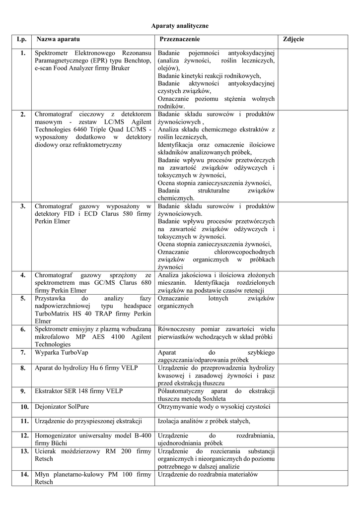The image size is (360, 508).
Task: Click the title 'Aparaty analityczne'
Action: pyautogui.click(x=180, y=25)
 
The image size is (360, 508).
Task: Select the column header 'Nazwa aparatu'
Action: pyautogui.click(x=58, y=39)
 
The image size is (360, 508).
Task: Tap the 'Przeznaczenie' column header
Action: pyautogui.click(x=180, y=39)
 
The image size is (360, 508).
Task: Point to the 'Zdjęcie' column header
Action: pyautogui.click(x=293, y=39)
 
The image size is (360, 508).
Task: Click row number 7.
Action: pyautogui.click(x=23, y=352)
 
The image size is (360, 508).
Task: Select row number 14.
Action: pyautogui.click(x=23, y=474)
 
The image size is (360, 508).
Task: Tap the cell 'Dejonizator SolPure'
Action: pyautogui.click(x=62, y=407)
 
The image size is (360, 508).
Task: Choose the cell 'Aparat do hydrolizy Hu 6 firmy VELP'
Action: pyautogui.click(x=86, y=368)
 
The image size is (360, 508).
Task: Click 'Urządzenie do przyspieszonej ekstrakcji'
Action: pyautogui.click(x=88, y=421)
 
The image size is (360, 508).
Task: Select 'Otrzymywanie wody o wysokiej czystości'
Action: pyautogui.click(x=214, y=407)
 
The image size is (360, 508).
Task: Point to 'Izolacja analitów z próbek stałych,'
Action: pyautogui.click(x=204, y=421)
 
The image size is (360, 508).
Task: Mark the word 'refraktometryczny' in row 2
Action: pyautogui.click(x=97, y=145)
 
